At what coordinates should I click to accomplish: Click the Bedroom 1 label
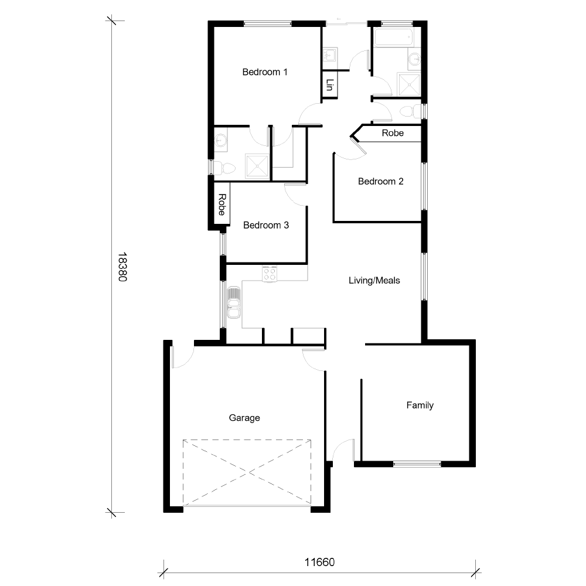[265, 72]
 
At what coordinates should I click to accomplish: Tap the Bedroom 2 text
[380, 181]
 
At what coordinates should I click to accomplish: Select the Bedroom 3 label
[266, 225]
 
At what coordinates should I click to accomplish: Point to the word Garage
[244, 418]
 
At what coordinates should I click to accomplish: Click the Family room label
[420, 405]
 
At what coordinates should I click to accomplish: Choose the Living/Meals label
[374, 280]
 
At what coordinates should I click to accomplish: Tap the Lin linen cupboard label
[329, 86]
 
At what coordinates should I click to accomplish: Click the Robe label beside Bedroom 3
[222, 205]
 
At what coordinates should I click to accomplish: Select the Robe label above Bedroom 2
[393, 133]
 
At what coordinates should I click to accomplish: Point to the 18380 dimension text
[122, 268]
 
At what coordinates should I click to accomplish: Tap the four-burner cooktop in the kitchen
[270, 274]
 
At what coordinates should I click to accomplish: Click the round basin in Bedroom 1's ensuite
[222, 141]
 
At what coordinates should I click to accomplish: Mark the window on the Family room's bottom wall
[417, 464]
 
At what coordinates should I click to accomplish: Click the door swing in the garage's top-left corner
[181, 358]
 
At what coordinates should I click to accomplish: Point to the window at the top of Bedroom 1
[268, 24]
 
